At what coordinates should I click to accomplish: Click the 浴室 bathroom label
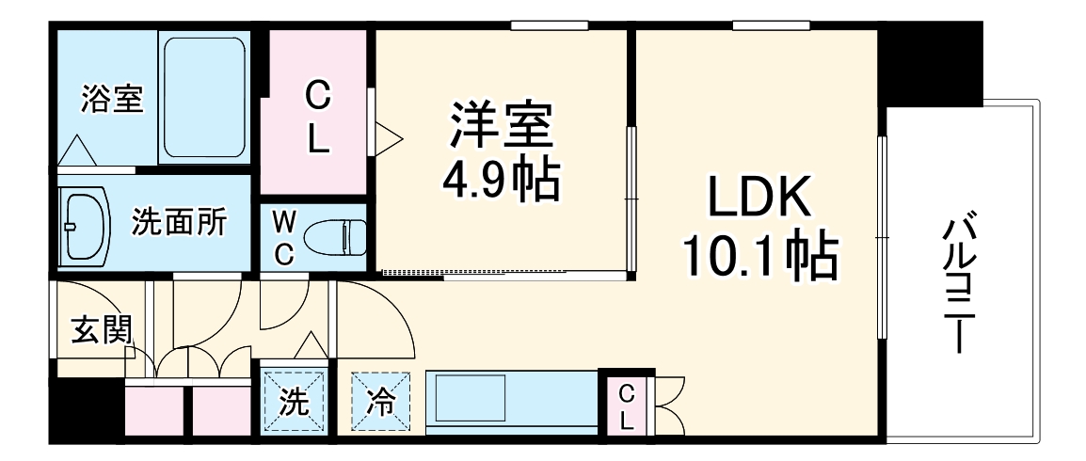pyautogui.click(x=112, y=99)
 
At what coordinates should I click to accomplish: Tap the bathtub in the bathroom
pyautogui.click(x=205, y=97)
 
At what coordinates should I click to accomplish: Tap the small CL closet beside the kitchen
pyautogui.click(x=626, y=406)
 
